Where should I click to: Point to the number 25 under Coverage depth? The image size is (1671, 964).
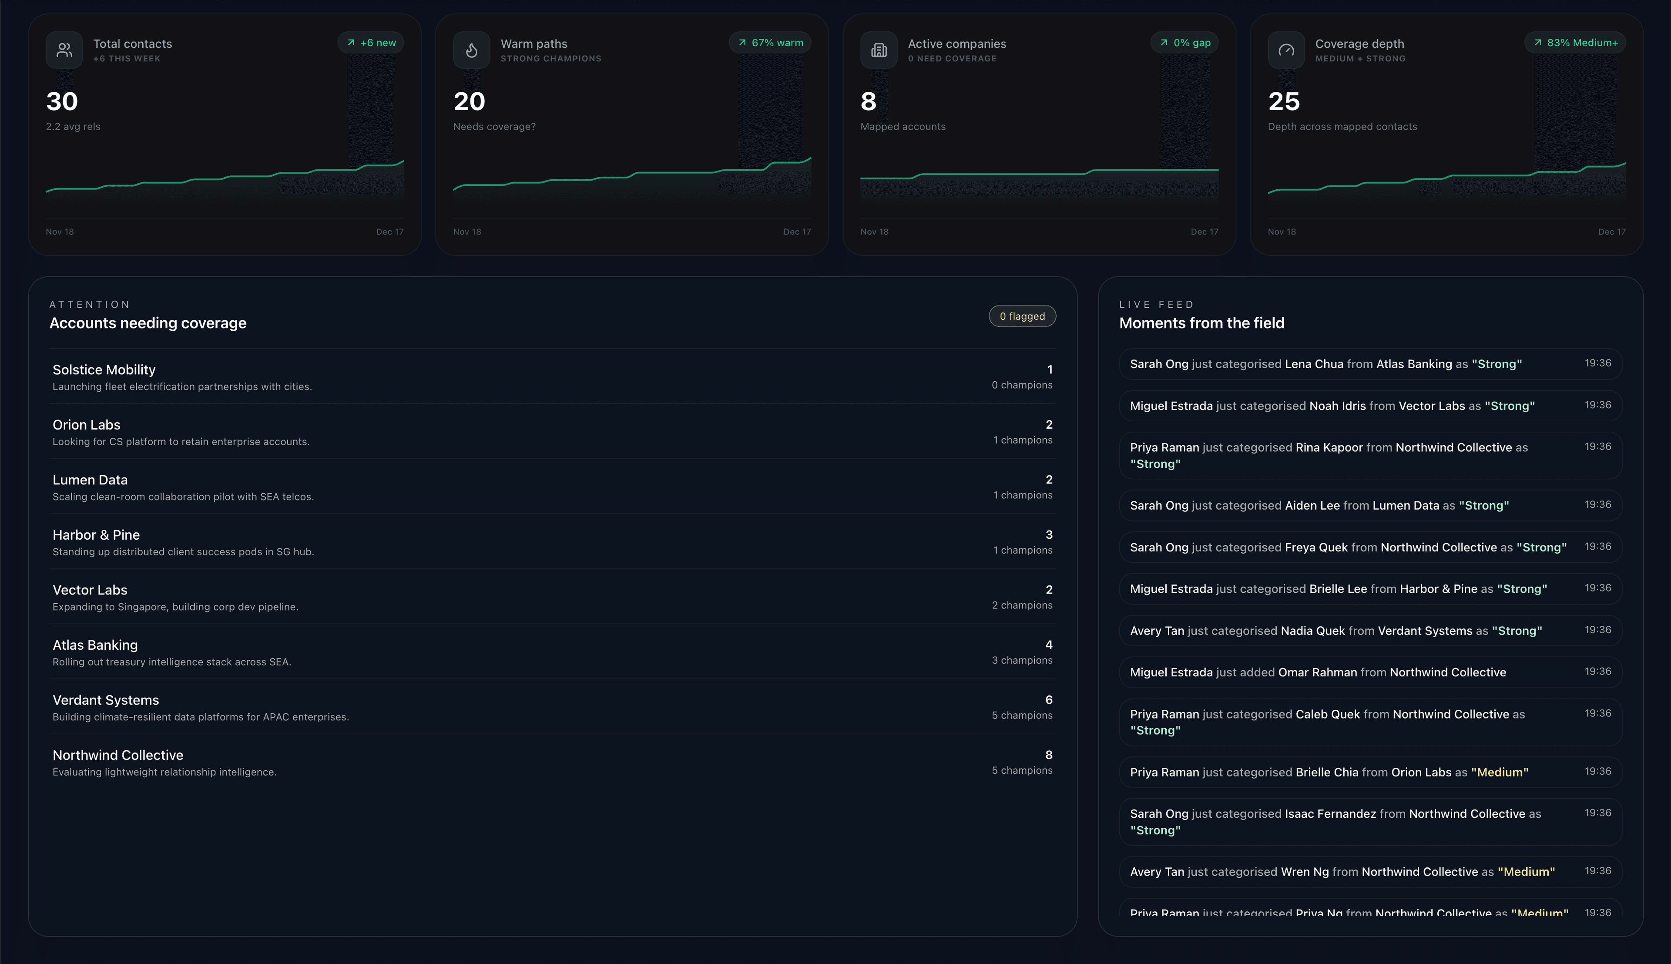pos(1284,101)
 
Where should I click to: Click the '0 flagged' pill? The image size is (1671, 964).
pos(1022,316)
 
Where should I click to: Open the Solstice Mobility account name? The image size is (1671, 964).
pos(104,369)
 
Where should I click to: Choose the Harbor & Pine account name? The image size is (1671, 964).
pos(96,535)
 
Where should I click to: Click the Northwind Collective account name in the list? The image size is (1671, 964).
pos(118,755)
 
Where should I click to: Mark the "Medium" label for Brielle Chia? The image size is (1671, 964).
pos(1500,773)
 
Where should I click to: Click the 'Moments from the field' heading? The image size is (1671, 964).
pos(1201,323)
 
